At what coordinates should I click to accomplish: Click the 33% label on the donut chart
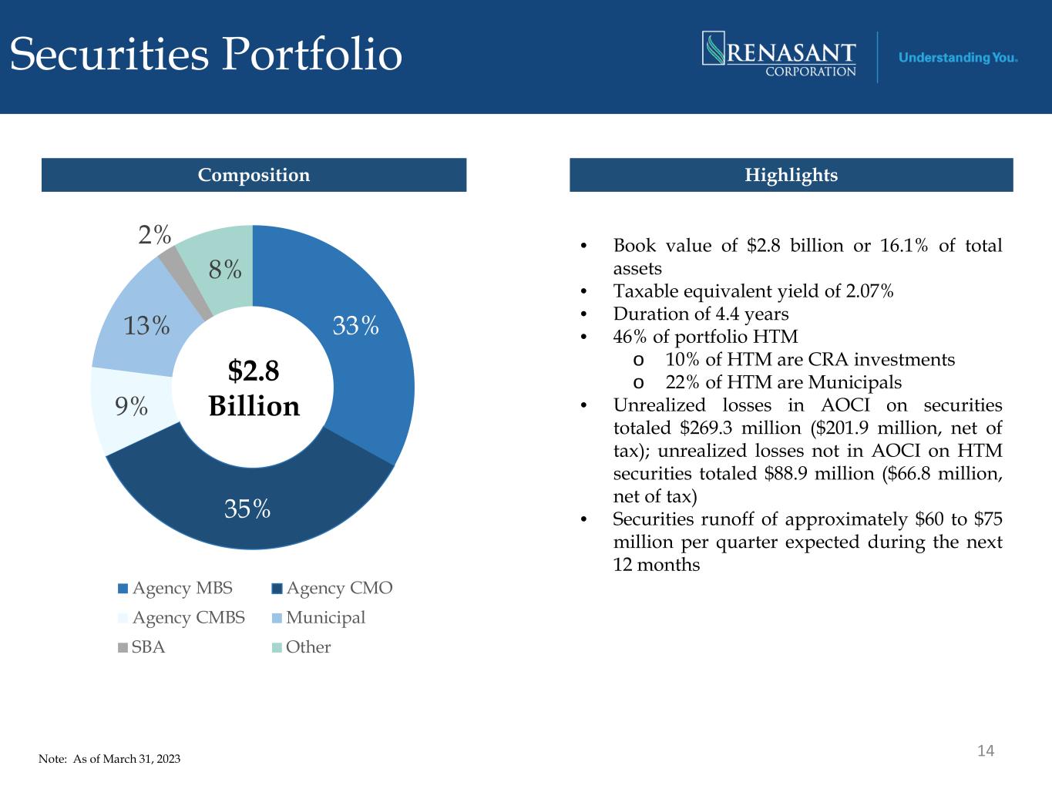[x=355, y=326]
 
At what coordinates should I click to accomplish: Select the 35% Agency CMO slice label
[x=247, y=509]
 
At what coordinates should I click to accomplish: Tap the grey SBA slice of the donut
[x=184, y=286]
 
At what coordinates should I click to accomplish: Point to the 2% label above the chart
[x=154, y=235]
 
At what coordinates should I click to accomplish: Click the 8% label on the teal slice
[x=225, y=269]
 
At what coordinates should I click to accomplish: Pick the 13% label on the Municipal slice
[x=146, y=326]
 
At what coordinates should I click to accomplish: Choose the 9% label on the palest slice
[x=131, y=406]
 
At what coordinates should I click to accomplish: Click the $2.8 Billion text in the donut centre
[x=254, y=388]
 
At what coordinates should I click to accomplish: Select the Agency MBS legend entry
[x=176, y=588]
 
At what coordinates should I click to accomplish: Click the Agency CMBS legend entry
[x=181, y=617]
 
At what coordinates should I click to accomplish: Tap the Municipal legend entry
[x=319, y=617]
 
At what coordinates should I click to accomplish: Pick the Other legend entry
[x=301, y=647]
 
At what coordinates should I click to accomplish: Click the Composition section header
[x=254, y=175]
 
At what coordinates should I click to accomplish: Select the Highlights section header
[x=792, y=175]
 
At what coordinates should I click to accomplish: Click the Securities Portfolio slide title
[x=206, y=54]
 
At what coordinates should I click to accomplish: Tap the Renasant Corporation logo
[x=779, y=54]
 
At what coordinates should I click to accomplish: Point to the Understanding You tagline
[x=958, y=58]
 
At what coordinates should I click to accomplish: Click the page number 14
[x=986, y=750]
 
